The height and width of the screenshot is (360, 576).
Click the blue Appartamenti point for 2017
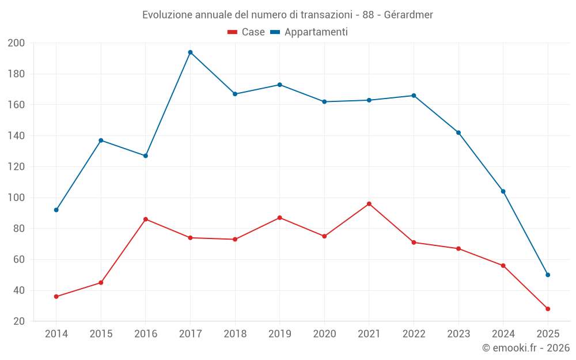click(x=190, y=52)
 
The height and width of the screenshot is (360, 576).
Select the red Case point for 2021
click(x=369, y=204)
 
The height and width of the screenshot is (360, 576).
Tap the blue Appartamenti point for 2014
click(x=56, y=210)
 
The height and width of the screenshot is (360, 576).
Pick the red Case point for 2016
click(x=146, y=219)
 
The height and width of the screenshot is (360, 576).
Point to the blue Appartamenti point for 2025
click(x=548, y=275)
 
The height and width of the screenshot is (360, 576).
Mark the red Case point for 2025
click(x=548, y=309)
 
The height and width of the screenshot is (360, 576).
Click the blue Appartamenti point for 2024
click(x=503, y=191)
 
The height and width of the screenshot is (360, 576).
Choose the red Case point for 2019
click(x=280, y=218)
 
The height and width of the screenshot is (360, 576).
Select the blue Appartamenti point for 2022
click(x=414, y=96)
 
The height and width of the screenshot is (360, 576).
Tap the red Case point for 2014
click(x=56, y=297)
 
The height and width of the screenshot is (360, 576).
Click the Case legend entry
click(x=247, y=32)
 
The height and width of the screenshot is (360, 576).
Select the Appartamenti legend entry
click(x=309, y=32)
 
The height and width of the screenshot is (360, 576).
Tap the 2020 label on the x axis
click(x=324, y=334)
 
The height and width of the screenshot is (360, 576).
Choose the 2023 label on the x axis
click(x=458, y=334)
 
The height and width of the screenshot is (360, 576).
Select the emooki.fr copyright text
click(x=526, y=348)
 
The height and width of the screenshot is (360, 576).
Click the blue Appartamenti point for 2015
click(x=101, y=141)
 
